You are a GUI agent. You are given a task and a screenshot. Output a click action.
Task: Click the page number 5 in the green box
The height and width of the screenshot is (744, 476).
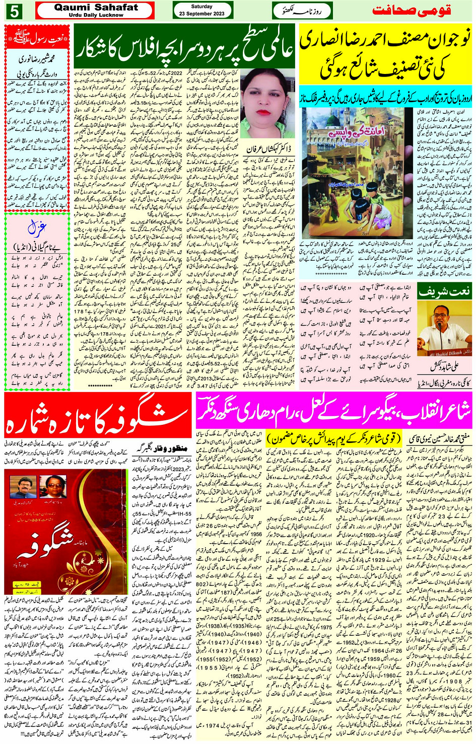(15, 11)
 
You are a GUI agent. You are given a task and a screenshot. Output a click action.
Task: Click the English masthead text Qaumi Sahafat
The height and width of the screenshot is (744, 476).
(96, 7)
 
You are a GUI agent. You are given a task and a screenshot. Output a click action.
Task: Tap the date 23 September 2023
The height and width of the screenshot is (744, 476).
(202, 14)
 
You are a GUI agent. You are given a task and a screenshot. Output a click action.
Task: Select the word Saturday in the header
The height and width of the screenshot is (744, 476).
(202, 7)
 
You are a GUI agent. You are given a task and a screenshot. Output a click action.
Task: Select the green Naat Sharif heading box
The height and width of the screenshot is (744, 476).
(444, 291)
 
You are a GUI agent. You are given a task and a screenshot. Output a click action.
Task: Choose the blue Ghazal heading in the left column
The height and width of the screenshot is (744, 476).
(37, 229)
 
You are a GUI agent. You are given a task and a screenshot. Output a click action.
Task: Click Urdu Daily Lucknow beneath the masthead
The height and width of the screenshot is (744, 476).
(96, 15)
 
